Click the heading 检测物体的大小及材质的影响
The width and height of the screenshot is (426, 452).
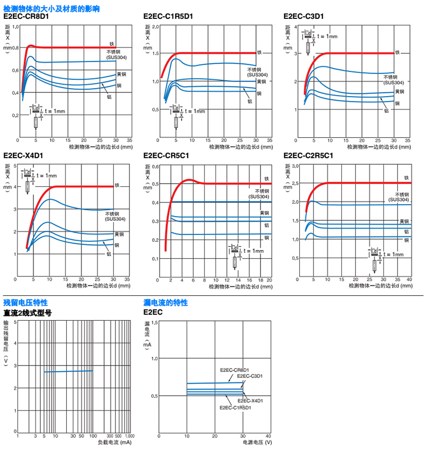(51, 9)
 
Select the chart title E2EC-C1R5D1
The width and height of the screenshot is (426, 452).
(168, 17)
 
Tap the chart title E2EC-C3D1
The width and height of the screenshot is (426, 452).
(304, 17)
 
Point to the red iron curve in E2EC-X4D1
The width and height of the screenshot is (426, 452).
(81, 186)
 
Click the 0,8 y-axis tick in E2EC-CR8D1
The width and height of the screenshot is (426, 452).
(15, 48)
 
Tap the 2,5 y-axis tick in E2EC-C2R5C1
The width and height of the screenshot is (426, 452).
(294, 183)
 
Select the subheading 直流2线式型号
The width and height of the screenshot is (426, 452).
(28, 312)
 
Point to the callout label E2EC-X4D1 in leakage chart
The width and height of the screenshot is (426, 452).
(251, 401)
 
